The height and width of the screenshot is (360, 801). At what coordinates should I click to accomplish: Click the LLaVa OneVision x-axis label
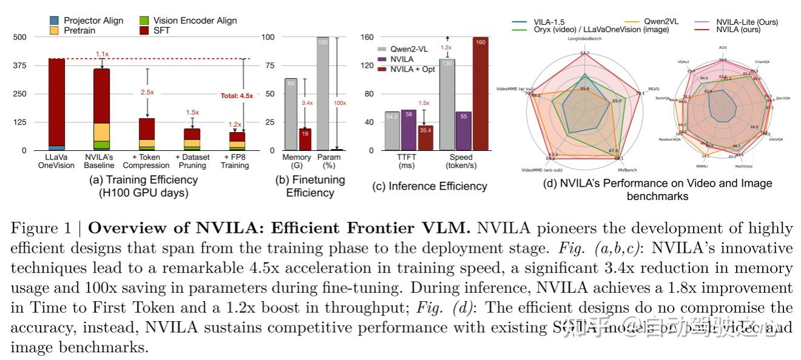[56, 161]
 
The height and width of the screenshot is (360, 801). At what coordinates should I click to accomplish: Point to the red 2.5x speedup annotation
[147, 92]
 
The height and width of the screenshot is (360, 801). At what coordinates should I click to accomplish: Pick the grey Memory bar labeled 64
[290, 114]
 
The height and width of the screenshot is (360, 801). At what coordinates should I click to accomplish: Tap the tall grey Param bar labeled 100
[323, 93]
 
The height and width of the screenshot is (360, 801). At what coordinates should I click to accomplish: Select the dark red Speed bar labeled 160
[481, 93]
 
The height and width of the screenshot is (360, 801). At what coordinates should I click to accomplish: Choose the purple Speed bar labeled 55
[464, 131]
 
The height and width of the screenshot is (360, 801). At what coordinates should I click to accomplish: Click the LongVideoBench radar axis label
[584, 39]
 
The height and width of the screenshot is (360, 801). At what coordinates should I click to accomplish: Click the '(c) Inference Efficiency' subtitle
[429, 186]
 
